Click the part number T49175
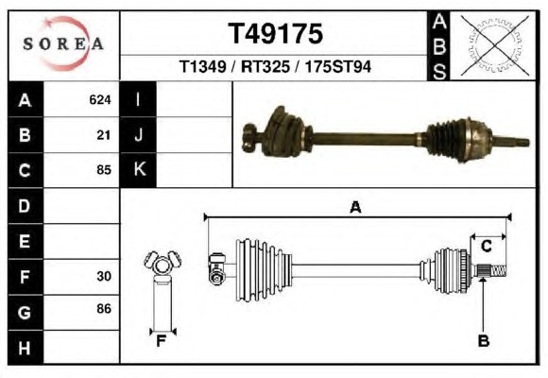click(x=275, y=34)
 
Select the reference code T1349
click(x=203, y=66)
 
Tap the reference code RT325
click(x=265, y=66)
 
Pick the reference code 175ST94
click(x=338, y=66)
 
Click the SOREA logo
click(x=63, y=43)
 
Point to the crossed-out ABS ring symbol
click(x=494, y=45)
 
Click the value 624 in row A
click(x=100, y=100)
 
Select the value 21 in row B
click(x=103, y=135)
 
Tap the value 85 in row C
click(x=103, y=170)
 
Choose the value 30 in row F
click(x=104, y=276)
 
